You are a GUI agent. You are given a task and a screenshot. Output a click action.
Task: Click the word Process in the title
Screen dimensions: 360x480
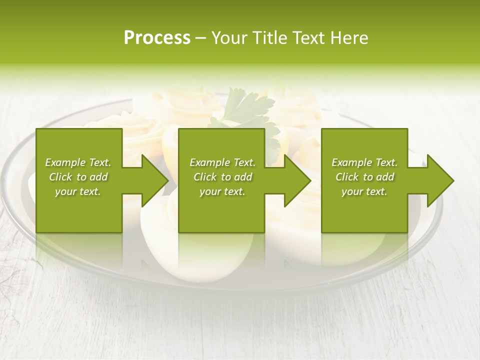pos(157,38)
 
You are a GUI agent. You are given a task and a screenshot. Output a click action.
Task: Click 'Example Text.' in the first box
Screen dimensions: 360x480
pos(78,162)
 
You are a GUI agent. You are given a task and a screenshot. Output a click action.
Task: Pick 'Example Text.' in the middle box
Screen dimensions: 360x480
pos(222,162)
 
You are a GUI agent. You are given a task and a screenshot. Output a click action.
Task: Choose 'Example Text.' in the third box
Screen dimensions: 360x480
pos(364,162)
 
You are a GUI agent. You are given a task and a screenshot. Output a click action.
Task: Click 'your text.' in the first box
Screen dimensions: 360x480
pos(78,191)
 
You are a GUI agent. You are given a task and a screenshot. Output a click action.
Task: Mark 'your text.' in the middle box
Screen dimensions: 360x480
pos(222,191)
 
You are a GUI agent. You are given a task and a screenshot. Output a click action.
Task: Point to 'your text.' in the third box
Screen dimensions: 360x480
pos(364,191)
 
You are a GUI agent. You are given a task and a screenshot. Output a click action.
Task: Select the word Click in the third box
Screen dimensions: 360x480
pos(347,177)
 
